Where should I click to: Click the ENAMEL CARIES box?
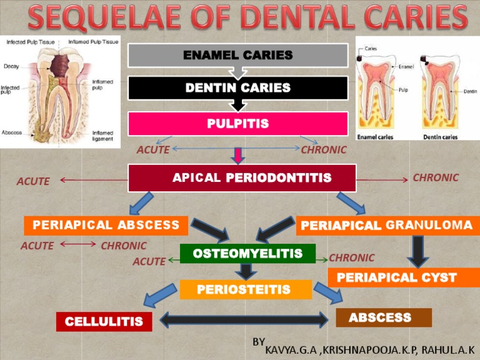pyautogui.click(x=237, y=55)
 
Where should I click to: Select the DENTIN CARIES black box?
pyautogui.click(x=237, y=88)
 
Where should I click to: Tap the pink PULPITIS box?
pyautogui.click(x=237, y=124)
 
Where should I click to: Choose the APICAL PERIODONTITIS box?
pyautogui.click(x=242, y=178)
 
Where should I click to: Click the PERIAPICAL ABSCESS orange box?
pyautogui.click(x=106, y=225)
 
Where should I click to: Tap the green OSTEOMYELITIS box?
pyautogui.click(x=247, y=254)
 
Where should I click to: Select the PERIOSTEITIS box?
pyautogui.click(x=245, y=289)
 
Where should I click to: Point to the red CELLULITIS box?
pyautogui.click(x=104, y=322)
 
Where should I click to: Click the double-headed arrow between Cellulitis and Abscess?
pyautogui.click(x=244, y=320)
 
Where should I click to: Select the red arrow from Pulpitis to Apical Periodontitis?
pyautogui.click(x=238, y=154)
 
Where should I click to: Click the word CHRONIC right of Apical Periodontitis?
pyautogui.click(x=436, y=177)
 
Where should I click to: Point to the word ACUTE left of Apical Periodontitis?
pyautogui.click(x=33, y=181)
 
